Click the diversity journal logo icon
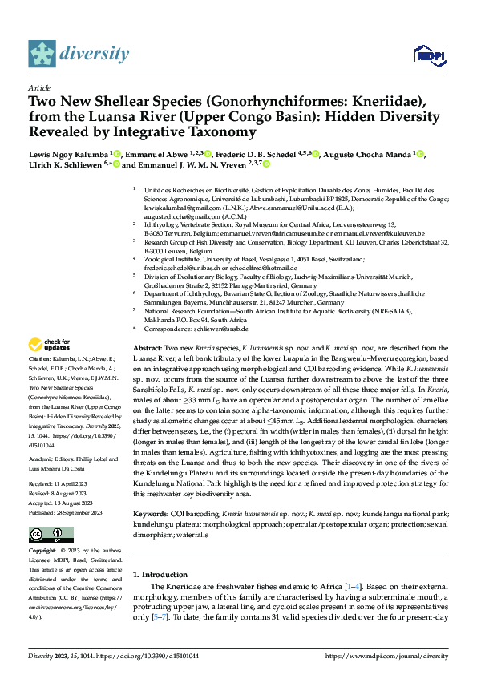42,53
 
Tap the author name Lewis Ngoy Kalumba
73,154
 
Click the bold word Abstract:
147,350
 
